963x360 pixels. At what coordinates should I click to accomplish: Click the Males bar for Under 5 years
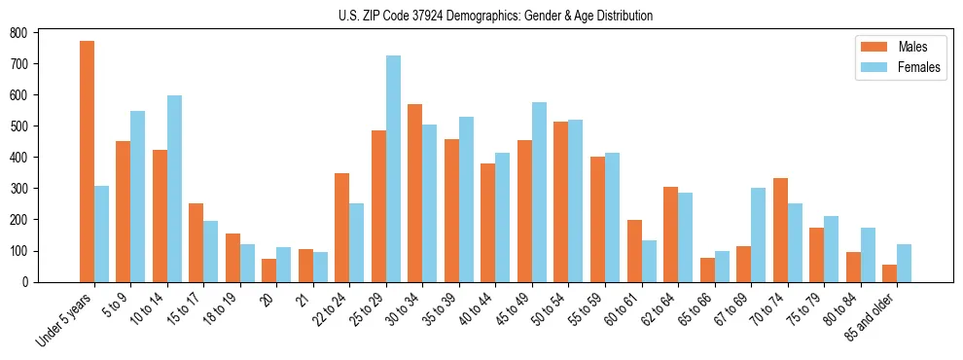87,162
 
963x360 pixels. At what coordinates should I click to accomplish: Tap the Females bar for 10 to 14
174,189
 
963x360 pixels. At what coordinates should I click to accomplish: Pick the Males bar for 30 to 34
415,193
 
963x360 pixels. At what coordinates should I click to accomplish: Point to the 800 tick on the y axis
37,32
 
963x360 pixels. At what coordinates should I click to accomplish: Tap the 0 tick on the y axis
37,282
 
